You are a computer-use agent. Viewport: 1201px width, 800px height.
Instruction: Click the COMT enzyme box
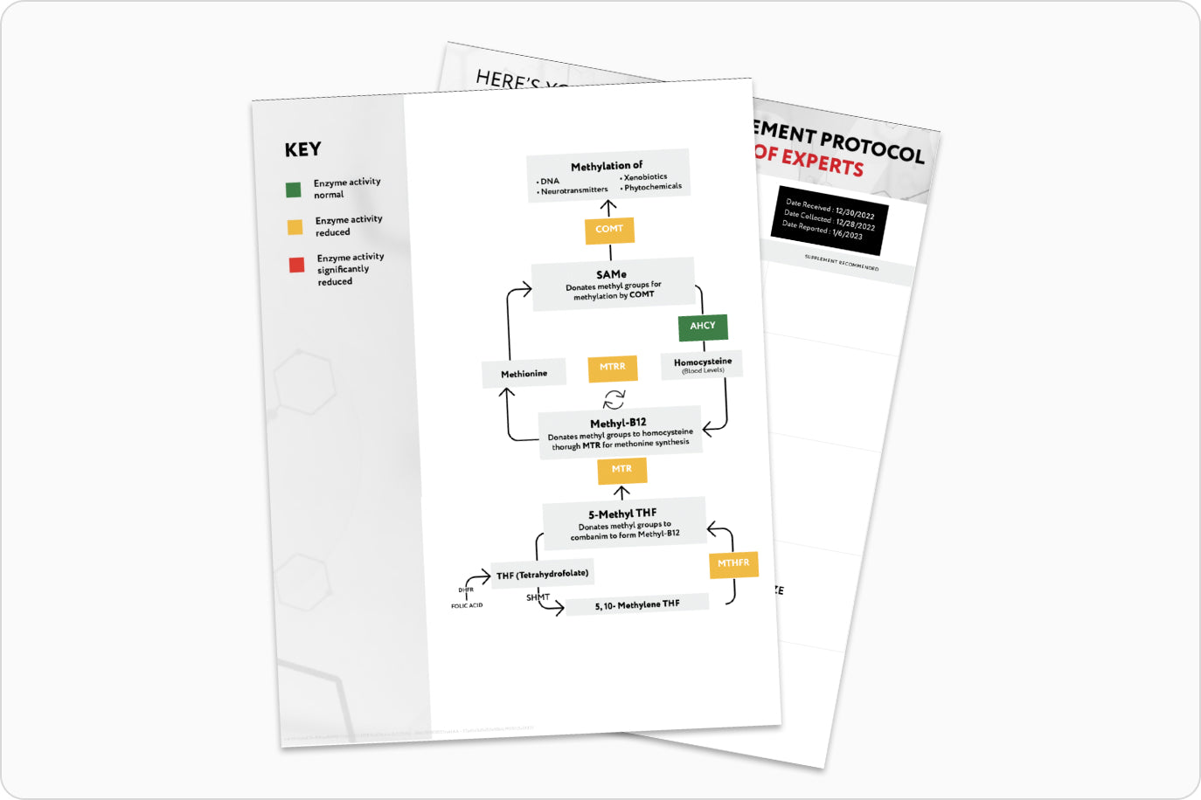click(x=609, y=230)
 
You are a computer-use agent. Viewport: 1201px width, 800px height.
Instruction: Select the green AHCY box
click(x=703, y=327)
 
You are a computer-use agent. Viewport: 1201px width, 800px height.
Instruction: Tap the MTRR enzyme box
click(x=612, y=368)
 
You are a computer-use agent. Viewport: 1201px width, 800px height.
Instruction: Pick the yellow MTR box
click(x=621, y=470)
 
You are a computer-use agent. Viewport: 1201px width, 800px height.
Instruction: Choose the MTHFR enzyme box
click(x=733, y=564)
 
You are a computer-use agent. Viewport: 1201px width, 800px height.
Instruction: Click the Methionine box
click(x=524, y=374)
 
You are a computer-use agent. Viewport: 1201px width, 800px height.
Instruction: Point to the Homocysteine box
click(x=703, y=364)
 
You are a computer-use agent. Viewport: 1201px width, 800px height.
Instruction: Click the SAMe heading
click(x=611, y=274)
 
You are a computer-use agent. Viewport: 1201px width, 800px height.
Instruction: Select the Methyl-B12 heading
click(x=618, y=423)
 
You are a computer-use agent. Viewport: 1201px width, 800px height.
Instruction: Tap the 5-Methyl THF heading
click(x=622, y=514)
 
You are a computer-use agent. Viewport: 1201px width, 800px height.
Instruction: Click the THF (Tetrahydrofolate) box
click(x=542, y=575)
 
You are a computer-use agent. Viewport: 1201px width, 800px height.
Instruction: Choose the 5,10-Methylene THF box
click(x=636, y=604)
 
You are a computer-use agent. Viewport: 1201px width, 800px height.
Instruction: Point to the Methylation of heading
click(x=607, y=166)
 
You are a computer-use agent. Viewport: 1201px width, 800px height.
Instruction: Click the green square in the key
click(x=294, y=190)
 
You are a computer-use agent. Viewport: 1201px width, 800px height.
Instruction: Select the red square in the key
click(x=297, y=265)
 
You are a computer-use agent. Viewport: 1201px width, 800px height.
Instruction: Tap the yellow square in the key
click(x=295, y=227)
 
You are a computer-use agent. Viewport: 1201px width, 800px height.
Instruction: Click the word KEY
click(x=302, y=149)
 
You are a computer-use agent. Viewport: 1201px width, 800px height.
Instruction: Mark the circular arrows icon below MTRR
click(x=614, y=399)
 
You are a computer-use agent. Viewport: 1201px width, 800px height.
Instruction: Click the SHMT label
click(x=538, y=597)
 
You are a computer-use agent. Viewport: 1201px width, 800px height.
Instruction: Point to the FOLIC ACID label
click(x=467, y=605)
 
